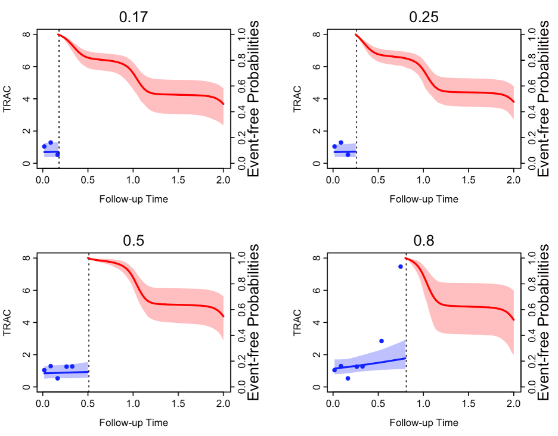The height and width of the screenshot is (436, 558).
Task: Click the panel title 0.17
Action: [134, 17]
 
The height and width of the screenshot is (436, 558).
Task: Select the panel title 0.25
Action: [424, 17]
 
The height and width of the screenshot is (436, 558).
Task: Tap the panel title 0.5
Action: [134, 241]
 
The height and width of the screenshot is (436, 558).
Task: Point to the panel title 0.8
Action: [424, 241]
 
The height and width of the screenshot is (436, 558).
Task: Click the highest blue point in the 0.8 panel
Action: [401, 266]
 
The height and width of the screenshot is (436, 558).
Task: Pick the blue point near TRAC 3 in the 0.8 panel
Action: [382, 341]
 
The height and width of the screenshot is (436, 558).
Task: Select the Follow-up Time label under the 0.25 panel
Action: [424, 199]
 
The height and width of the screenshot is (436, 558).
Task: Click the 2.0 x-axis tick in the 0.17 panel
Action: [223, 179]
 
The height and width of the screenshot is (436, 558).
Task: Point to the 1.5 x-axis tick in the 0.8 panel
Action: [469, 403]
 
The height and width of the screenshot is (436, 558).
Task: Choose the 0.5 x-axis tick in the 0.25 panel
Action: [379, 179]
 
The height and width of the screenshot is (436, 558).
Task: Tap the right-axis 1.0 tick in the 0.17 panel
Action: [241, 35]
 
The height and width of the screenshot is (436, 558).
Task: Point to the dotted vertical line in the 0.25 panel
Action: [356, 95]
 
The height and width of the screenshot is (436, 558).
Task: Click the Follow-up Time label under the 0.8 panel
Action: [424, 423]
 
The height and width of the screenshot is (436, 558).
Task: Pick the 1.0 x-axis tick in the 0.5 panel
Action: [133, 403]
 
